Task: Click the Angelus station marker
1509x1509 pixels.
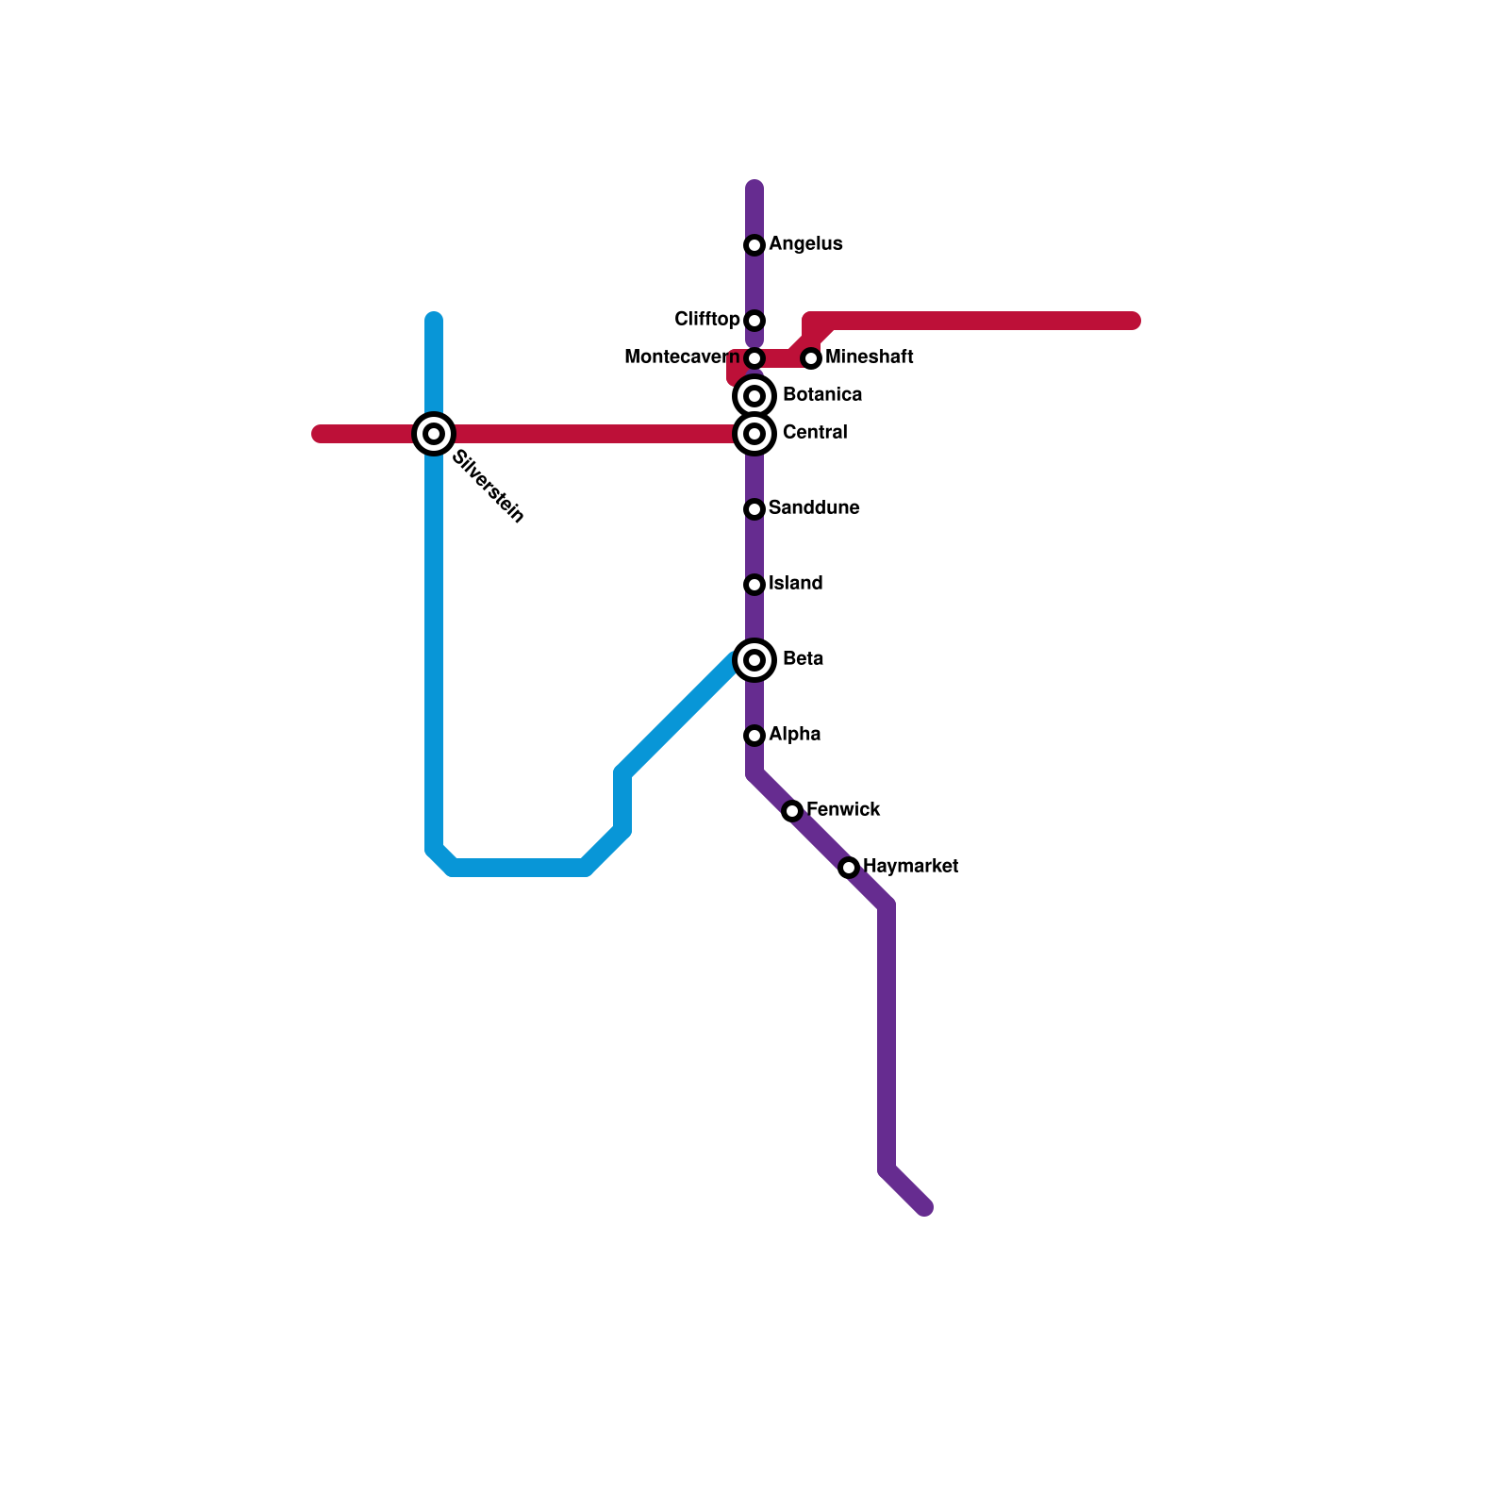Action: [754, 245]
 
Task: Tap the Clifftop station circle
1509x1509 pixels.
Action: [754, 321]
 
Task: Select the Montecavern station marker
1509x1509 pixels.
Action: [754, 358]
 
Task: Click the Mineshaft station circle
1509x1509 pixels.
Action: [811, 358]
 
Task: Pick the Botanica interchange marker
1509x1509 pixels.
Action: [754, 396]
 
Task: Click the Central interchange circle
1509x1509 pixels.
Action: [754, 434]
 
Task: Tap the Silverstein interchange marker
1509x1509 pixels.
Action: [434, 434]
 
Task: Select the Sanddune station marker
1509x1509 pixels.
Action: [754, 509]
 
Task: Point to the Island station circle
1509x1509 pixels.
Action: [754, 585]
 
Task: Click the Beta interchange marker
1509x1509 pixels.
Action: [754, 660]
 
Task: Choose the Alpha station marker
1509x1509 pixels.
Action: [754, 736]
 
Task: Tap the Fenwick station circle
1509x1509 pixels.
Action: [792, 811]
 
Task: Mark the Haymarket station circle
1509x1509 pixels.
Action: [849, 868]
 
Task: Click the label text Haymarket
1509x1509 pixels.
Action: [910, 866]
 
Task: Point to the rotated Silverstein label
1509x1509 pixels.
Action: [488, 487]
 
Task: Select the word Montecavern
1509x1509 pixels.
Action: [682, 357]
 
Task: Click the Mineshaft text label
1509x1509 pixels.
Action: [869, 357]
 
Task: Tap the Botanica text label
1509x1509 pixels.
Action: [822, 395]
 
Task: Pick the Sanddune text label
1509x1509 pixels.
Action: [814, 508]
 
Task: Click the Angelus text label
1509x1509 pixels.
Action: [805, 244]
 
